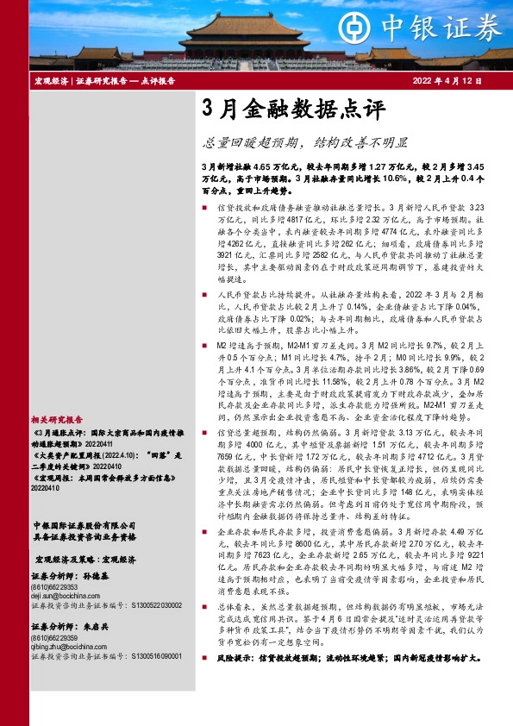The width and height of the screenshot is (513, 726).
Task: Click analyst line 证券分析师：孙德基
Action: [67, 578]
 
